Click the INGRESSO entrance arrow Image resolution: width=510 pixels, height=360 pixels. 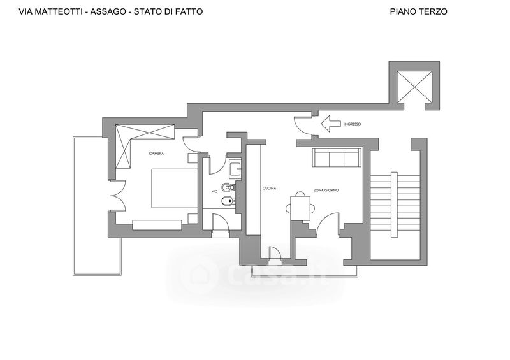(x=330, y=124)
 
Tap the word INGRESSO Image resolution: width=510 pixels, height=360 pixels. (x=353, y=124)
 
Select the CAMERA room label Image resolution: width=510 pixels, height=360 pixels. (x=156, y=154)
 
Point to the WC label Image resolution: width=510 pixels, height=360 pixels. (x=214, y=192)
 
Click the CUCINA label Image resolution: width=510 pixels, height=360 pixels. (x=269, y=189)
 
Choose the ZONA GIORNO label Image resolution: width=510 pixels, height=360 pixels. (x=326, y=190)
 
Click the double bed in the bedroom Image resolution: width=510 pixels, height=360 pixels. (x=174, y=189)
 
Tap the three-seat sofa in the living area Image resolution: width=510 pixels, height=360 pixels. (x=337, y=158)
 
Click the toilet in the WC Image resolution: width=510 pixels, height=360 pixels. (x=228, y=187)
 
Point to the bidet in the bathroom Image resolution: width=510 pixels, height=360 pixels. (x=228, y=202)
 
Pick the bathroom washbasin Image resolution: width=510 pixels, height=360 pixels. (x=235, y=169)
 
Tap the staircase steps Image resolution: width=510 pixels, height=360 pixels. (x=395, y=201)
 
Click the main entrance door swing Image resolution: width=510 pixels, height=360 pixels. (x=302, y=125)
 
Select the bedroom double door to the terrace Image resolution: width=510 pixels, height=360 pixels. (x=118, y=196)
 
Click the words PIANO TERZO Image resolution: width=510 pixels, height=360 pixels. (x=419, y=11)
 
